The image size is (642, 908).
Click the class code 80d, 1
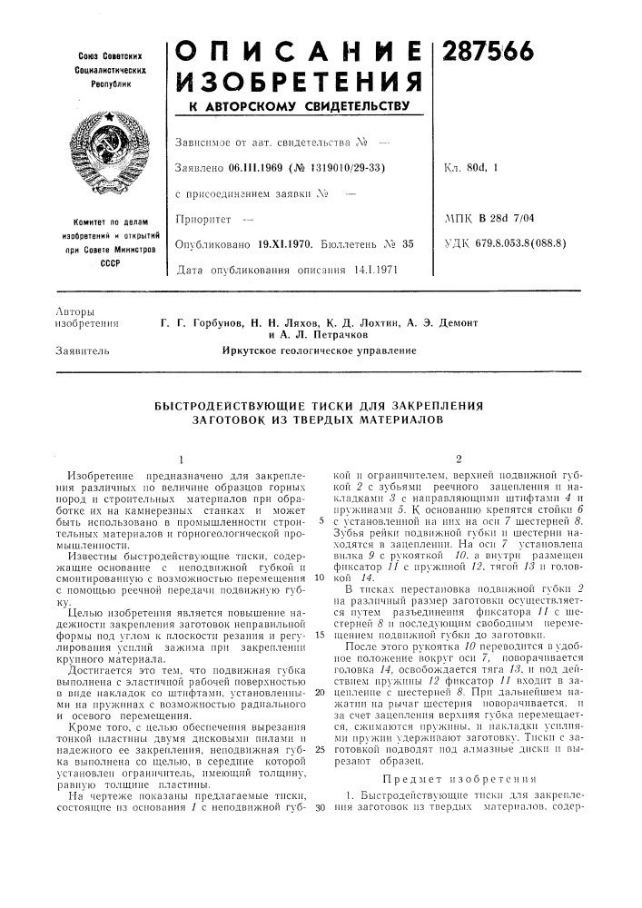pos(506,167)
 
